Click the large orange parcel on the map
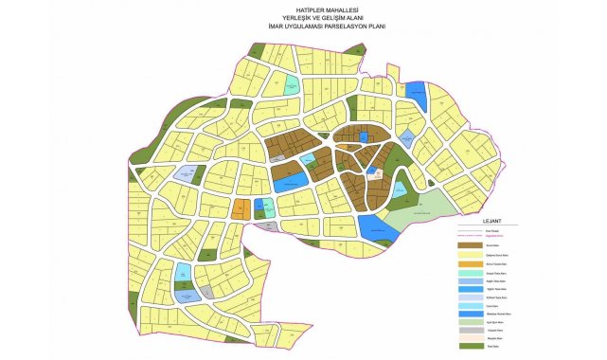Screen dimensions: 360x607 click(242, 208)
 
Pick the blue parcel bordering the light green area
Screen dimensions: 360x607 click(378, 227)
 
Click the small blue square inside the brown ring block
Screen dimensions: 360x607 click(364, 137)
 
